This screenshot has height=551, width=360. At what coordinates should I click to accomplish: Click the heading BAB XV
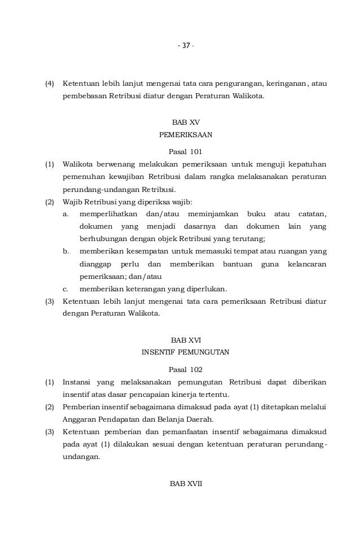[186, 122]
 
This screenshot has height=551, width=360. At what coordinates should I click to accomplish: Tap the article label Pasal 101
[186, 151]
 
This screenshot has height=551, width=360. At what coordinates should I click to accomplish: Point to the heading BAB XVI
[186, 340]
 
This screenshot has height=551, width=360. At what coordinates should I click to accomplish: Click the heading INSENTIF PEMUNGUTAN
[186, 353]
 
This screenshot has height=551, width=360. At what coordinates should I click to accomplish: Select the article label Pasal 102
[186, 370]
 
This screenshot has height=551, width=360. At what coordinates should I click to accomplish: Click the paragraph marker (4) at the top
[50, 84]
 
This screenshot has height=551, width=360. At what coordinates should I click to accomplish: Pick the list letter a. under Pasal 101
[66, 214]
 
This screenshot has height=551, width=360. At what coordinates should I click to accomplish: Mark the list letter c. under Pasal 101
[66, 290]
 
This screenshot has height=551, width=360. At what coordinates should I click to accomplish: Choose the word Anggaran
[81, 419]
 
